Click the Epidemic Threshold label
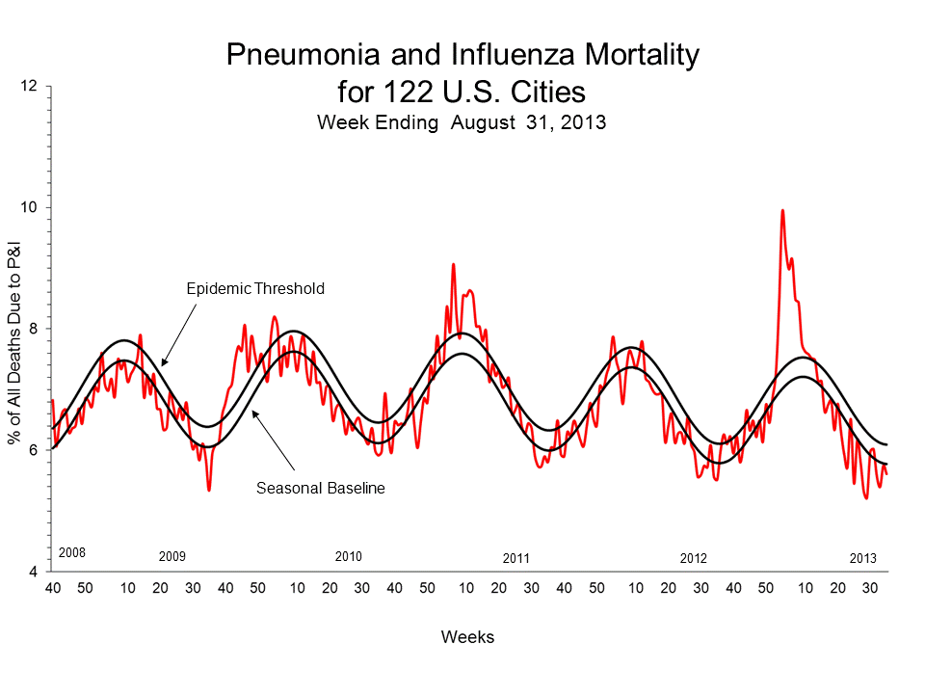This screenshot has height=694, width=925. tap(254, 288)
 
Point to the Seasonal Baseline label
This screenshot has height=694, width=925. tap(320, 489)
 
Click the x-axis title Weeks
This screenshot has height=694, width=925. tap(467, 637)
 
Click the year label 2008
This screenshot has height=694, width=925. tap(72, 553)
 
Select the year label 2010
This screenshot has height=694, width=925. tap(348, 557)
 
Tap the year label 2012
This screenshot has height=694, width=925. tap(693, 559)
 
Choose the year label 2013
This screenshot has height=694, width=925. tap(862, 559)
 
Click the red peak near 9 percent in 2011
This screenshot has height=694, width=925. tap(453, 264)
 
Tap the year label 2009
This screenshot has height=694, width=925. tap(172, 557)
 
